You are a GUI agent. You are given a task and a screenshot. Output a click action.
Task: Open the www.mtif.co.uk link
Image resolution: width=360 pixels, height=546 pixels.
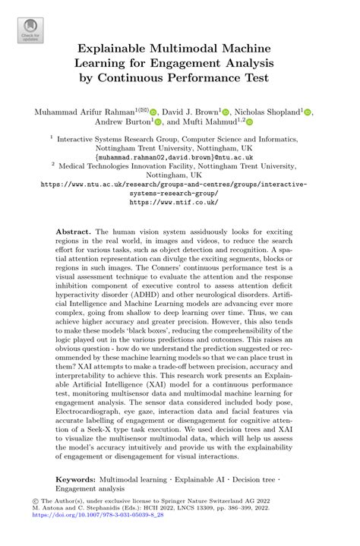[179, 203]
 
